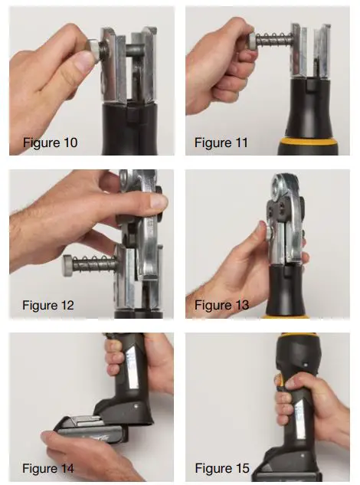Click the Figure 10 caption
50,143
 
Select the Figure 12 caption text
50,305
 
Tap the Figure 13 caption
221,305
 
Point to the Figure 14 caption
50,467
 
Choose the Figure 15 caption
221,467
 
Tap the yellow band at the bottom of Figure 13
285,315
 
